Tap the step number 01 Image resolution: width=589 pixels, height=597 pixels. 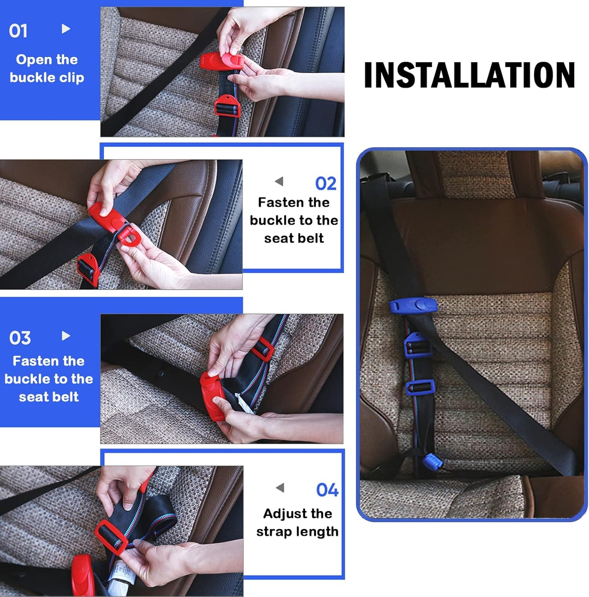pyautogui.click(x=18, y=31)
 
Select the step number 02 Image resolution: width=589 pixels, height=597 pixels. pyautogui.click(x=326, y=183)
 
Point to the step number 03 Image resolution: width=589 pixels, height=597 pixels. pyautogui.click(x=20, y=338)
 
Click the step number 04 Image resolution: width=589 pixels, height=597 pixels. pyautogui.click(x=327, y=490)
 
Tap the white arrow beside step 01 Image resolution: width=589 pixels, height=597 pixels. pyautogui.click(x=66, y=29)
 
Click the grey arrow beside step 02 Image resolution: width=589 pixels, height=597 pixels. pyautogui.click(x=279, y=181)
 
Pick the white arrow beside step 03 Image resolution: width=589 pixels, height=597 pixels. pyautogui.click(x=66, y=336)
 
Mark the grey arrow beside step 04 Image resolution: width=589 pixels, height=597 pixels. pyautogui.click(x=280, y=488)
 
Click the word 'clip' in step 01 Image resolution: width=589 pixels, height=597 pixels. pyautogui.click(x=72, y=78)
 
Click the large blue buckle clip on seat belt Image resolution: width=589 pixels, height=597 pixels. pyautogui.click(x=413, y=306)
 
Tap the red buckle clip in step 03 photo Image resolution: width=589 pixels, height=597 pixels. pyautogui.click(x=212, y=396)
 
